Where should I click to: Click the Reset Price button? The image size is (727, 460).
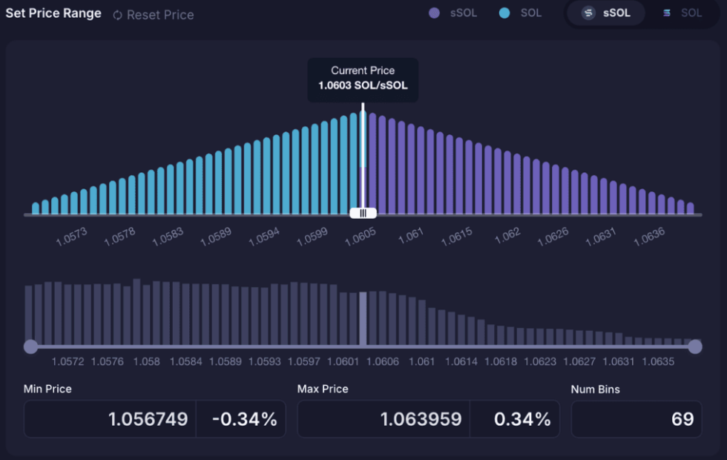(154, 15)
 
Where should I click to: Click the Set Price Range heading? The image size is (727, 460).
(53, 13)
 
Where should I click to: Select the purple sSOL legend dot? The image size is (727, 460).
(435, 13)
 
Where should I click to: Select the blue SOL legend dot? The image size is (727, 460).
(504, 13)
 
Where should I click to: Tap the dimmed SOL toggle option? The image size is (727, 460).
(682, 13)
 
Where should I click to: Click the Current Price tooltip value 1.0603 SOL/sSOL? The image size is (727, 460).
(363, 85)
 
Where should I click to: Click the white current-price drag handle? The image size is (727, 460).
(363, 213)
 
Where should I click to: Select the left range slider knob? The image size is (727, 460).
(30, 346)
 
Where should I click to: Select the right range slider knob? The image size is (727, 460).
(695, 346)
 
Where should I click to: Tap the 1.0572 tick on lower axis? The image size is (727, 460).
(68, 362)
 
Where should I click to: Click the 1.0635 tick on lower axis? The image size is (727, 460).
(658, 362)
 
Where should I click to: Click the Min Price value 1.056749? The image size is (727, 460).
(148, 419)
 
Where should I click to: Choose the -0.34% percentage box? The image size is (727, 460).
(244, 419)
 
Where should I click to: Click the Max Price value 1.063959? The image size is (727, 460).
(421, 419)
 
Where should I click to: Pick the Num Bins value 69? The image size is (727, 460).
(682, 419)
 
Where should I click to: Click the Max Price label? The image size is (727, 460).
(323, 389)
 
